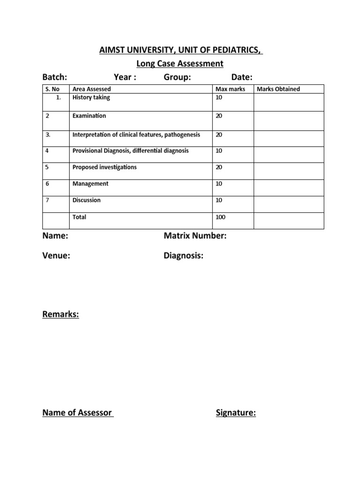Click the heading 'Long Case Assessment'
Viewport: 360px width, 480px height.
[180, 63]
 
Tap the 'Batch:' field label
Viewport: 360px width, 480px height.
[55, 77]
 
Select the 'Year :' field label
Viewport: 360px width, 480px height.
[125, 77]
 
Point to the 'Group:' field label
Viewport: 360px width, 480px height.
[177, 77]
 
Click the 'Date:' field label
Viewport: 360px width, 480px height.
[242, 77]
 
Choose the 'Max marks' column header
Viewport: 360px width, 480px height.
[230, 89]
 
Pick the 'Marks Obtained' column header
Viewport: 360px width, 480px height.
[278, 89]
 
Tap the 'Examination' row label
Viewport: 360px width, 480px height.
[89, 116]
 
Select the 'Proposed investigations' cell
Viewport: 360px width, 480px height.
[105, 167]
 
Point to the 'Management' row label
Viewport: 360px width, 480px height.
[90, 184]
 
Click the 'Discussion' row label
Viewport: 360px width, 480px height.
[86, 200]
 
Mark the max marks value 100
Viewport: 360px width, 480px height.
[220, 217]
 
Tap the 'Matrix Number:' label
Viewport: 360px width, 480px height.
[195, 236]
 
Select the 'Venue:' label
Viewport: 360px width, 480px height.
[56, 255]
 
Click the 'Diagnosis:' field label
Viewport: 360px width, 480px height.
[183, 255]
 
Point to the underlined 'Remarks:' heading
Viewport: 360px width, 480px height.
[60, 315]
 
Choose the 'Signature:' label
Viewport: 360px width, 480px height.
[236, 413]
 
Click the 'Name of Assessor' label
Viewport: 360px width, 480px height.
[77, 413]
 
